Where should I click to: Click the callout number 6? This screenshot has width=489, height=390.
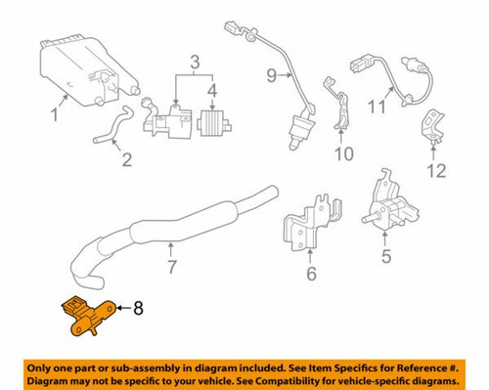311,275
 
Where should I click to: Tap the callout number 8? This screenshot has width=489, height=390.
138,309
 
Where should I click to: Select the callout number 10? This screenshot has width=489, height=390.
342,153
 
